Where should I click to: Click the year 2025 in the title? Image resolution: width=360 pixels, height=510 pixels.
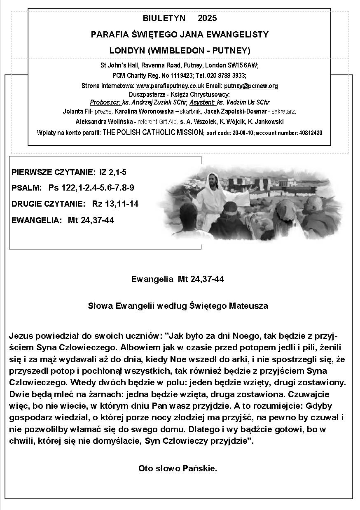207,18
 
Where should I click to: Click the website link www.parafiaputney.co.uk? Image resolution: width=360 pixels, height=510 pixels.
170,86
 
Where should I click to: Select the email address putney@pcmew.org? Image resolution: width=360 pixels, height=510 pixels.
251,86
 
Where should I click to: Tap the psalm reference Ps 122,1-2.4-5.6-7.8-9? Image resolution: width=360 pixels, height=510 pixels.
91,188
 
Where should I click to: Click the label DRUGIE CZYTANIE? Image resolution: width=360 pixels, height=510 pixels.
49,204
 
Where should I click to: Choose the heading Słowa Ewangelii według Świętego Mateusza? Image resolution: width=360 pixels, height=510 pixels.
178,306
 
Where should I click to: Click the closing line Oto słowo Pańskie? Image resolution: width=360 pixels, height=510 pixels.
178,468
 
